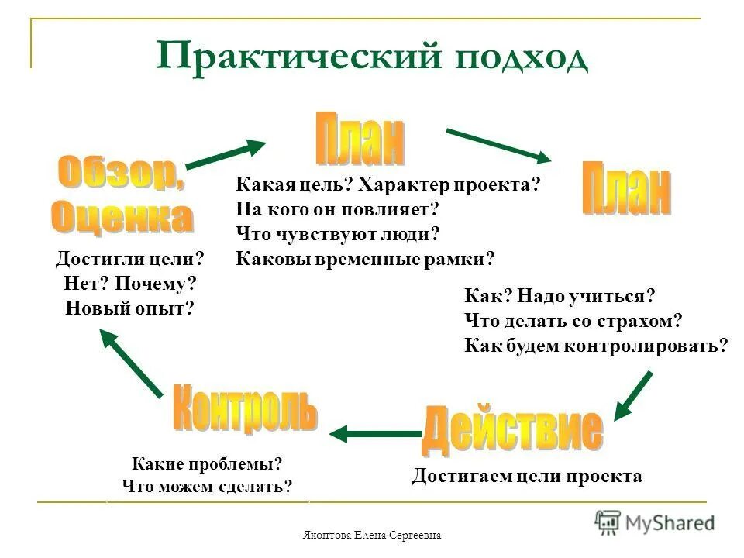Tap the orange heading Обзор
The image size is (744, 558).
(121, 175)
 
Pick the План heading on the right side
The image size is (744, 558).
(626, 188)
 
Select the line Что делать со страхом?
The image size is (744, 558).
(573, 320)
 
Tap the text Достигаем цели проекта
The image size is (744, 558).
(527, 475)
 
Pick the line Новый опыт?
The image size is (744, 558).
(129, 308)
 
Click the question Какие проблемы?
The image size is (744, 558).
(207, 464)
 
